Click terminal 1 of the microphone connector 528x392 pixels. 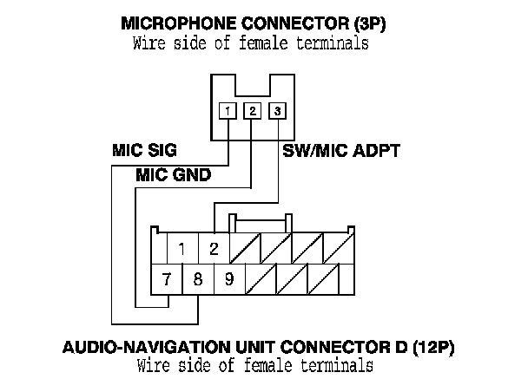point(227,111)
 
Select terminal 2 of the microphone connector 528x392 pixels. point(252,111)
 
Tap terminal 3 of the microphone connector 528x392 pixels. point(277,111)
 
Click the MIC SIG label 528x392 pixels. point(144,150)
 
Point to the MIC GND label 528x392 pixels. point(174,175)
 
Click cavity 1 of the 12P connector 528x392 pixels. point(182,249)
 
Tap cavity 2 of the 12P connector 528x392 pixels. point(214,249)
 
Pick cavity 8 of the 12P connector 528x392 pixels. point(197,279)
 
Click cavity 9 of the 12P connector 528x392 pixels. point(228,279)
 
